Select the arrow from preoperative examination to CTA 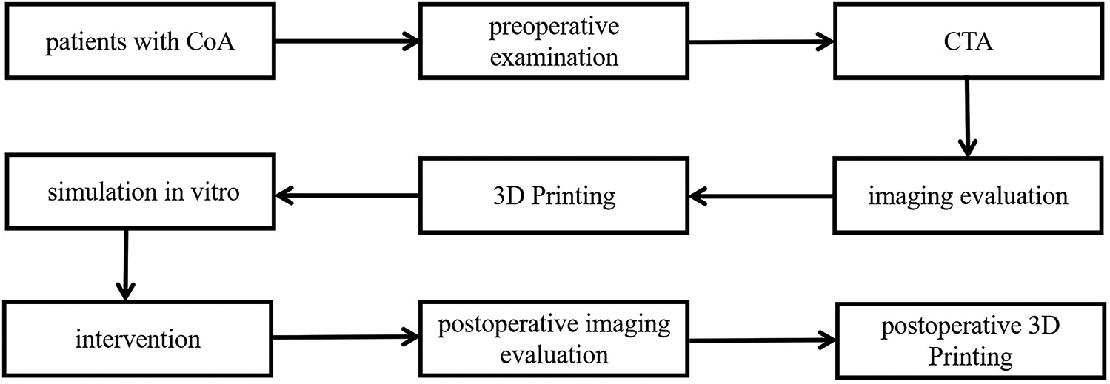point(762,42)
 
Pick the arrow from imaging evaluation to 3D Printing point(762,196)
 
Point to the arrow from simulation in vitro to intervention point(126,266)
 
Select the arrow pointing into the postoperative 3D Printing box point(762,341)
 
